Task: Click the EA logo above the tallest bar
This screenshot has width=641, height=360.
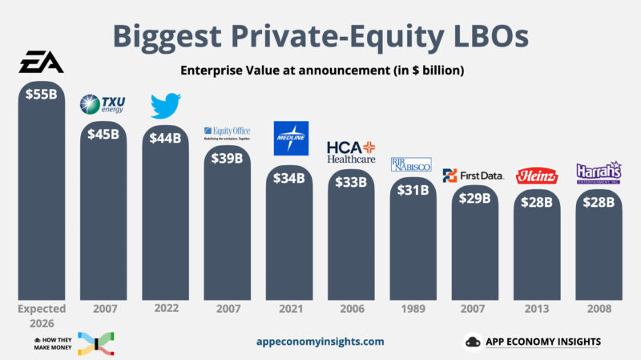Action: [42, 62]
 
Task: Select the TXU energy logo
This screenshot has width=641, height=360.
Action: [103, 104]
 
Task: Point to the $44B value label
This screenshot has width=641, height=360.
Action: [165, 138]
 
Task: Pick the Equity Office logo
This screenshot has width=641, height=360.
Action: [228, 131]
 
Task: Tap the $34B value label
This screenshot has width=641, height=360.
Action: [289, 177]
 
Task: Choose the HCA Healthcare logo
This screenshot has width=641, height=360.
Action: [351, 152]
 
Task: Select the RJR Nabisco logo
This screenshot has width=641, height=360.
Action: [412, 164]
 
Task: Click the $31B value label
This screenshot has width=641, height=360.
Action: [413, 189]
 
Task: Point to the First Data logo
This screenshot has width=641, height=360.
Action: [474, 175]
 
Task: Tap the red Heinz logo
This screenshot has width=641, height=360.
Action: [535, 176]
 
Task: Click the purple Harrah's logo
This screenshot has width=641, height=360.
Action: [597, 172]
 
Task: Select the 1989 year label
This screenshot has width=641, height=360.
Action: [413, 308]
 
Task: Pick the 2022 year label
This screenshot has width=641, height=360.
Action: [165, 308]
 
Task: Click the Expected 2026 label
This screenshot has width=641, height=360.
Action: [42, 313]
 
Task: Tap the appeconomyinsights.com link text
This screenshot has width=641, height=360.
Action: [320, 342]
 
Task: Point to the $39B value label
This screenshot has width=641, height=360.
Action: [227, 158]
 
